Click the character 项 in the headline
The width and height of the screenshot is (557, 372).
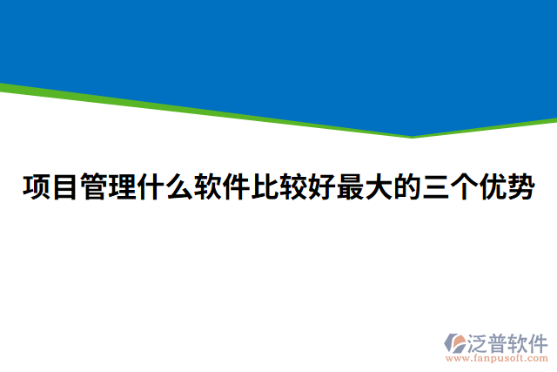click(x=37, y=187)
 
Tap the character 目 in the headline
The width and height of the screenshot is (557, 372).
click(x=65, y=187)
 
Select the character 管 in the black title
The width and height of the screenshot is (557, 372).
click(x=94, y=187)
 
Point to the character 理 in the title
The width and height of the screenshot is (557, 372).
click(x=123, y=187)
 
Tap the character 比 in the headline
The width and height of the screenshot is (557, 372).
click(x=265, y=187)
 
